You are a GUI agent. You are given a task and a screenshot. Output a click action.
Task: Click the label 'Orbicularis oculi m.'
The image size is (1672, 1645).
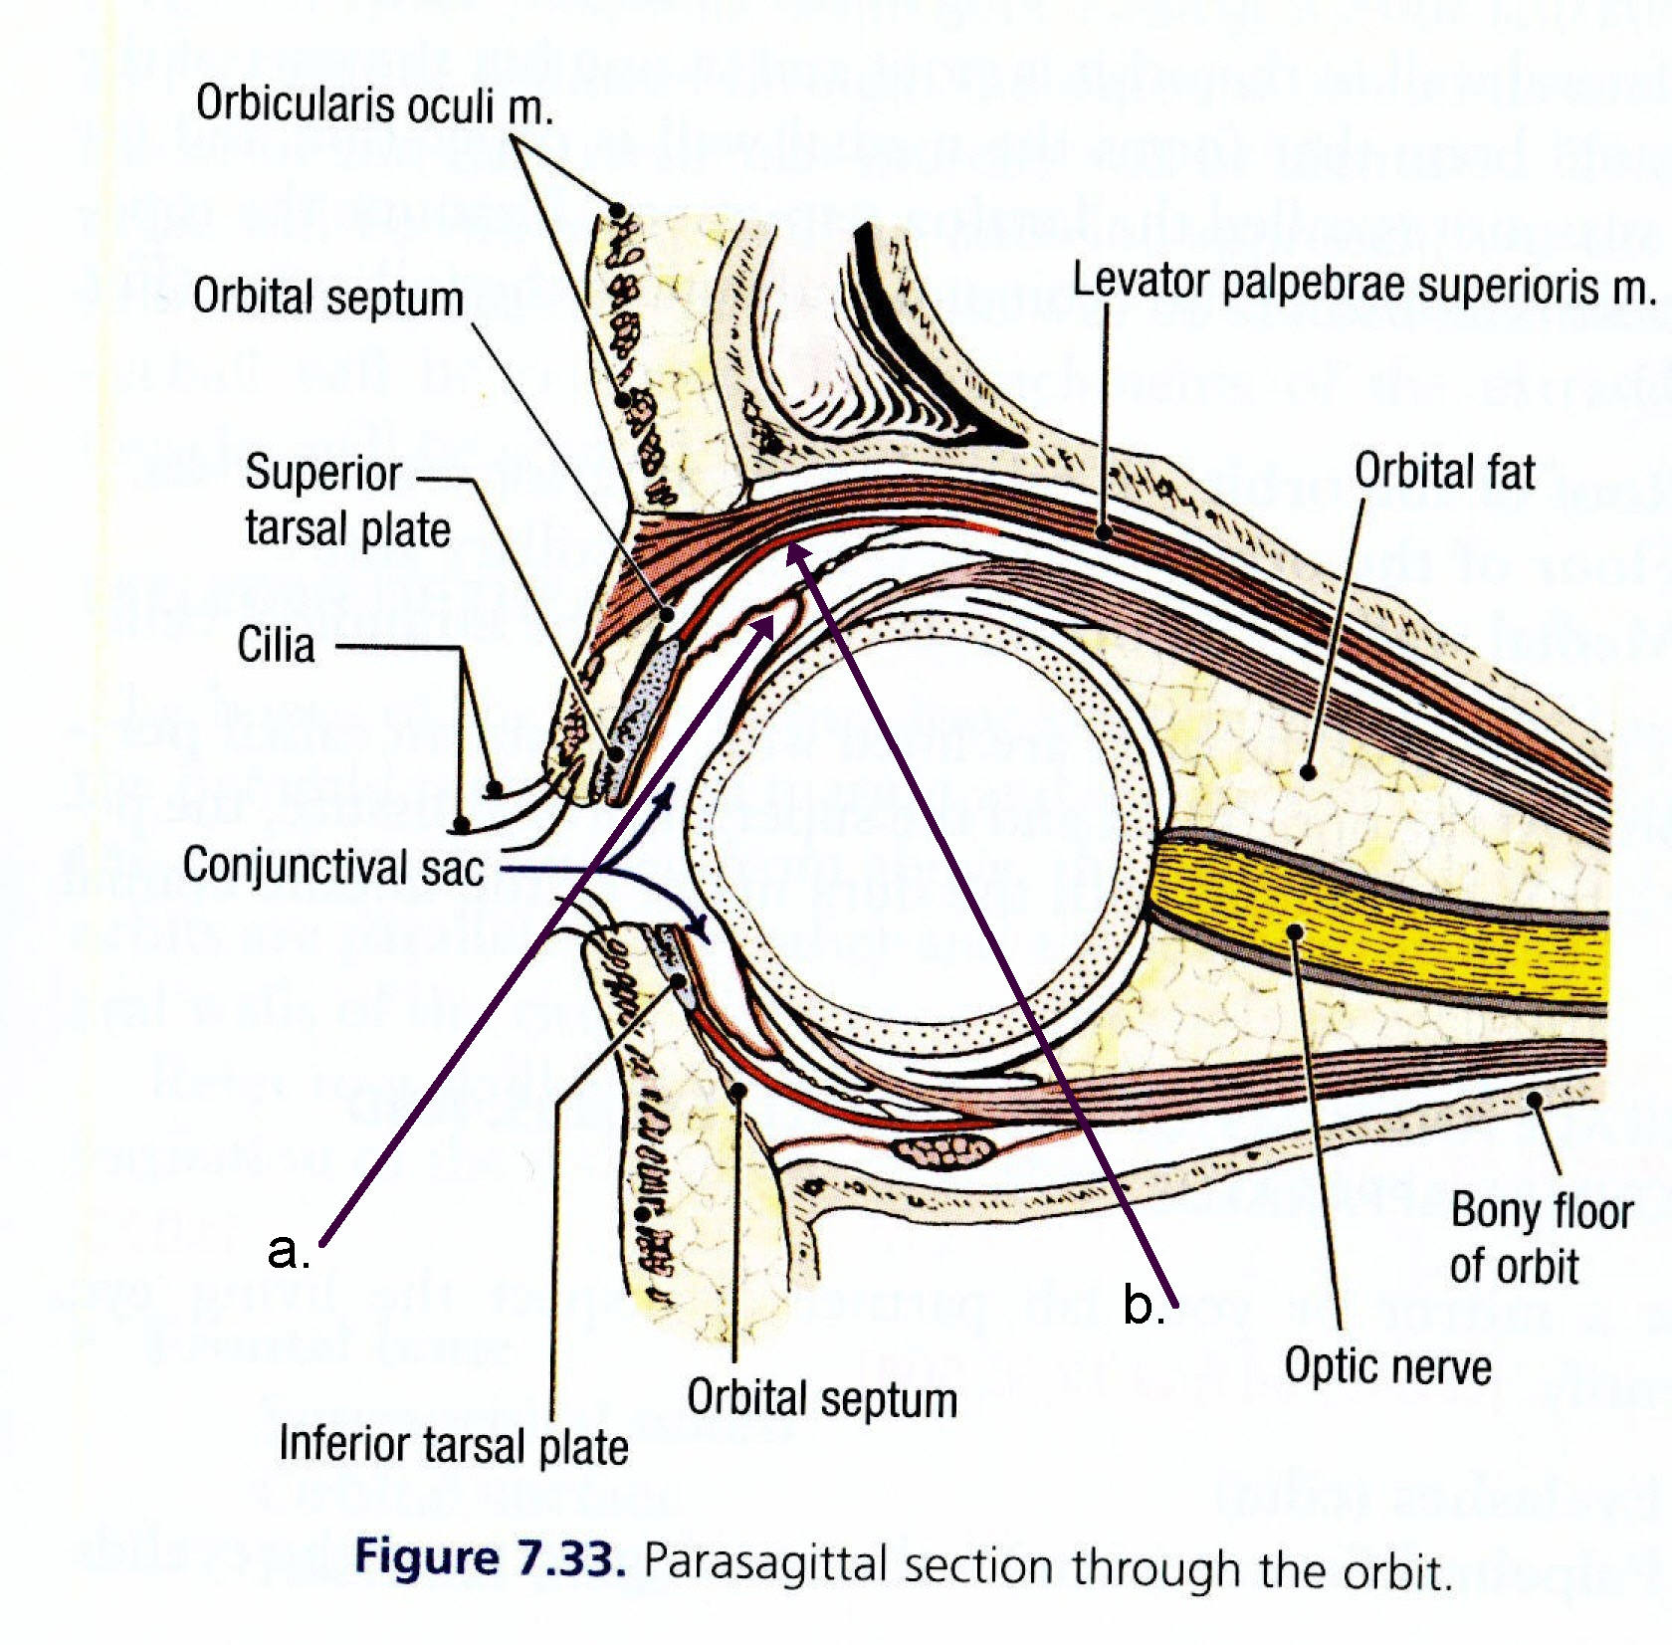pos(374,104)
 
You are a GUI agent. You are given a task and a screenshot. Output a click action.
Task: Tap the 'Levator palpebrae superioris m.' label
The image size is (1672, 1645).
pos(1363,285)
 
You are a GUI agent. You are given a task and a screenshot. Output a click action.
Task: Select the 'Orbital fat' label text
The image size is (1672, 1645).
pos(1444,471)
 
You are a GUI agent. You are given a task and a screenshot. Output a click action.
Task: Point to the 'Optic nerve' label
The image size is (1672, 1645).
pos(1387,1365)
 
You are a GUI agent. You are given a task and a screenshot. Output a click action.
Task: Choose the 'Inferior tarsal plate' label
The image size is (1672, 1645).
pos(453,1444)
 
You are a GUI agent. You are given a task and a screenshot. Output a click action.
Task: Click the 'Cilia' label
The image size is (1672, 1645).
pos(276,645)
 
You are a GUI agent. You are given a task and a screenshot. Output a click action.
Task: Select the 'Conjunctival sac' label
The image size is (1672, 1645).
pos(333,866)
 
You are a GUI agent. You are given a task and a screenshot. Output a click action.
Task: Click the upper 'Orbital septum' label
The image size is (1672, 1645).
pos(328,298)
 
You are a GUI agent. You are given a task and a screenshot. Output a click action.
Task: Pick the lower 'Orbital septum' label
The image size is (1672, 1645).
pos(822,1397)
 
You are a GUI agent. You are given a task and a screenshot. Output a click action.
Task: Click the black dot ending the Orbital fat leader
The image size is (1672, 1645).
pos(1309,771)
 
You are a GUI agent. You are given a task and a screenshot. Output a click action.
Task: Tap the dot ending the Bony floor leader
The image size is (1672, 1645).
pos(1535,1100)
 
